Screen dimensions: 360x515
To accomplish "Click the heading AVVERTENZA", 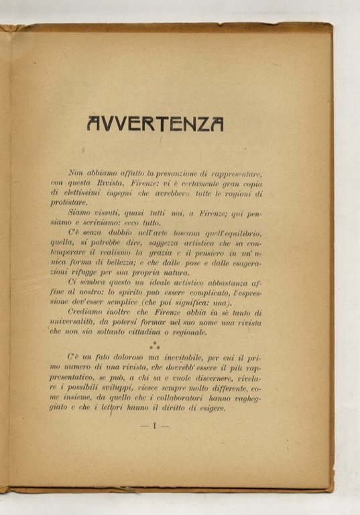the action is pyautogui.click(x=155, y=123).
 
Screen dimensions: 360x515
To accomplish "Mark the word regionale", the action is pyautogui.click(x=210, y=331).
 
